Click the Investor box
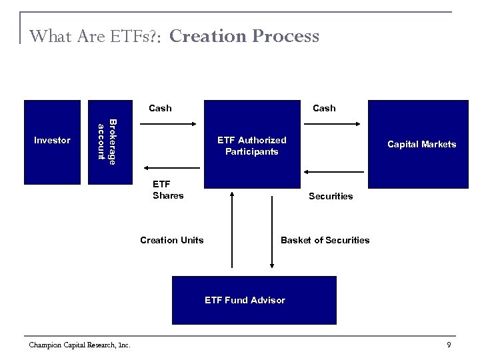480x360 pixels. (52, 141)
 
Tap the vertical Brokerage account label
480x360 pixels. (107, 141)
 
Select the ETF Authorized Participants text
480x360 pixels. (252, 145)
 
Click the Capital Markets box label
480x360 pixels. (422, 144)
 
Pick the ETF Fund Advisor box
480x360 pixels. (245, 300)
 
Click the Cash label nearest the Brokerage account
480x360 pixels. (160, 108)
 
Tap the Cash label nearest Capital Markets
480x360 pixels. (324, 108)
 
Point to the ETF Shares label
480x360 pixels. (168, 190)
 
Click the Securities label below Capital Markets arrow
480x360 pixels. (331, 196)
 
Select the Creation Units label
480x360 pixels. (172, 240)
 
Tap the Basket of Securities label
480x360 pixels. (325, 240)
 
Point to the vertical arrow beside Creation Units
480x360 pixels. (231, 230)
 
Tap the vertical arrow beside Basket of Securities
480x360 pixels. (271, 230)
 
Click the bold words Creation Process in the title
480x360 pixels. (244, 36)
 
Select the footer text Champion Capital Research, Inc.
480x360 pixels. (80, 344)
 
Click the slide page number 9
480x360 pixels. (449, 344)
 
